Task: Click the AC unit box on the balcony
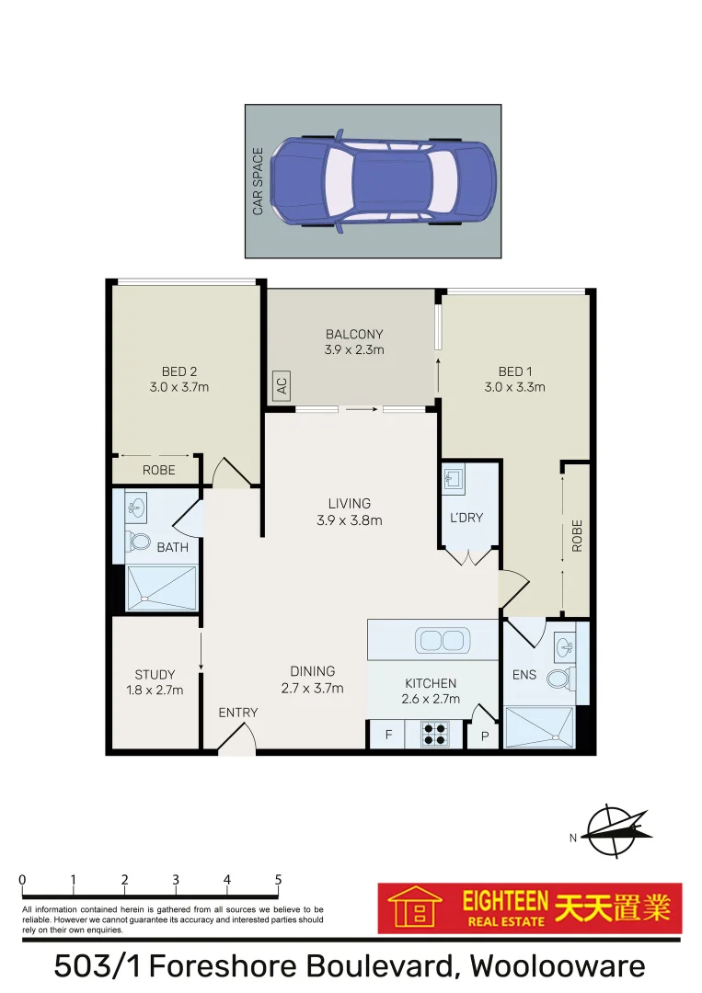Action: pos(282,386)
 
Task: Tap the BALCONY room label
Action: pos(354,334)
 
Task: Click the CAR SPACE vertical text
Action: pos(259,181)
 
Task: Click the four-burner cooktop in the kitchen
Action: pos(435,734)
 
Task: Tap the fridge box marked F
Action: pos(388,735)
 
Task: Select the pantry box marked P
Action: pos(485,736)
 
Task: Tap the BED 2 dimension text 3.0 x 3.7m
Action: pos(179,387)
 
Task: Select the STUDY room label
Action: pos(155,675)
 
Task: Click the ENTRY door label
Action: pos(237,713)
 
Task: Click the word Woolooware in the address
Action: pos(558,966)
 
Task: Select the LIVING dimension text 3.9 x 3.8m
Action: pos(350,519)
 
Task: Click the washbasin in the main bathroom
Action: pos(135,507)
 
